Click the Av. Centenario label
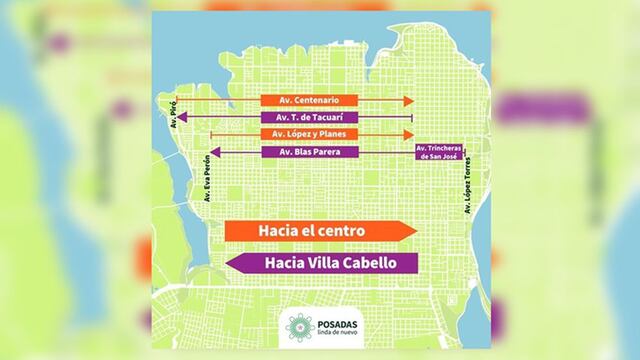coord(309,101)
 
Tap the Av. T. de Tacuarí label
coord(309,118)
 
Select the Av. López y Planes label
coord(309,134)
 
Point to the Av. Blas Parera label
coord(309,152)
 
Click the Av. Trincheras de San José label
coord(440,152)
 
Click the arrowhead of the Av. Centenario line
coord(410,101)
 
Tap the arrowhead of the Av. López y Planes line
coord(408,134)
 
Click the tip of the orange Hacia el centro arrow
coord(414,231)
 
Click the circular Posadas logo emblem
coord(298,326)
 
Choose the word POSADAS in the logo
coord(341,320)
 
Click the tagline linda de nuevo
coord(339,333)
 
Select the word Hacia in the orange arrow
coord(278,231)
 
